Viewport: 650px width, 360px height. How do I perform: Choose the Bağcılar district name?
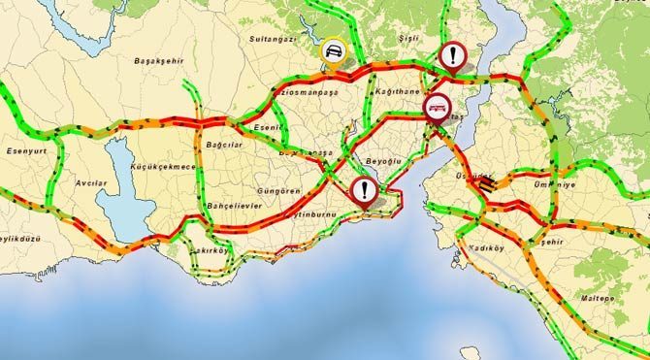[x=225, y=145]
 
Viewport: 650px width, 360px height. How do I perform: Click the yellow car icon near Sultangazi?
[x=333, y=52]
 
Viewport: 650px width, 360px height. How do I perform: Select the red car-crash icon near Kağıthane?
[x=436, y=106]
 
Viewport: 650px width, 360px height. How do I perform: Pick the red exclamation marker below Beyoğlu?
[x=364, y=190]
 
